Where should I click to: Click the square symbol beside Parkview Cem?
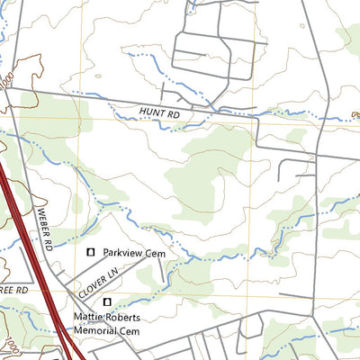90,254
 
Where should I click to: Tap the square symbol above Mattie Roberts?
107,302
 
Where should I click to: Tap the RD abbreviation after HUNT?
173,115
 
